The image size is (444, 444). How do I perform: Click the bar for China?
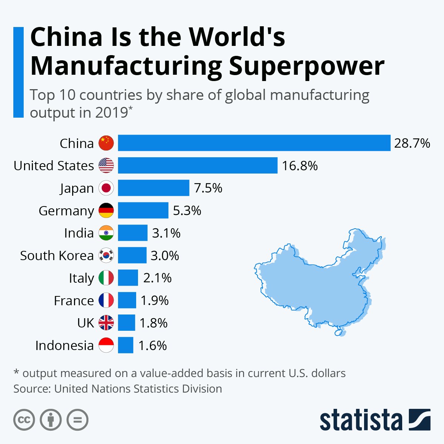[x=254, y=143]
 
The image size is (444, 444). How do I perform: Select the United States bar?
[x=198, y=165]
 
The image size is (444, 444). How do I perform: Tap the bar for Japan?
[x=154, y=188]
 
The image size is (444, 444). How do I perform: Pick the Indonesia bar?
[x=125, y=345]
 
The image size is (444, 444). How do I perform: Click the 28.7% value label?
[x=412, y=143]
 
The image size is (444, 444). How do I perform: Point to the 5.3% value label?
[x=187, y=211]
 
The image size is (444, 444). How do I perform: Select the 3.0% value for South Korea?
[x=165, y=255]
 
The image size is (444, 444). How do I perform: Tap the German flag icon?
[x=106, y=211]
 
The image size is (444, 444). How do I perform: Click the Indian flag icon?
[x=106, y=233]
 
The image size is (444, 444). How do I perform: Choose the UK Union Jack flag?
[x=106, y=323]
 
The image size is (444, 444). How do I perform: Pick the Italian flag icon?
[x=106, y=278]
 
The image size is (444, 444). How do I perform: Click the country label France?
[x=74, y=300]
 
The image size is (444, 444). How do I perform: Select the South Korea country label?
[x=57, y=255]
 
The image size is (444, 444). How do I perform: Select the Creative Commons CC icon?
[x=24, y=420]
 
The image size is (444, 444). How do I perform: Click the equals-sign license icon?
[x=77, y=420]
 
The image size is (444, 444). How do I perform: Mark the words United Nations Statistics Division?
[x=138, y=389]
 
